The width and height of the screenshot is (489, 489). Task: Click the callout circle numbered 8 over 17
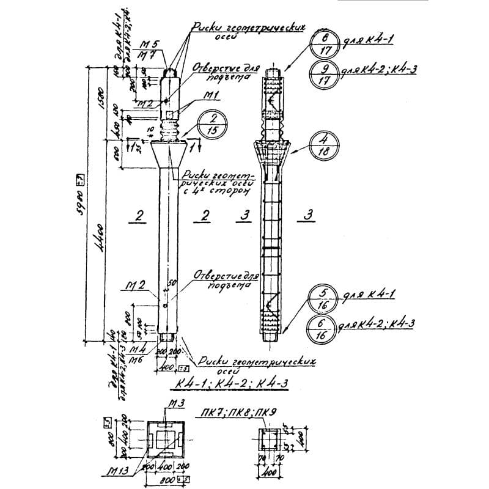325,45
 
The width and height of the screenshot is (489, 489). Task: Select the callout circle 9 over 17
325,73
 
